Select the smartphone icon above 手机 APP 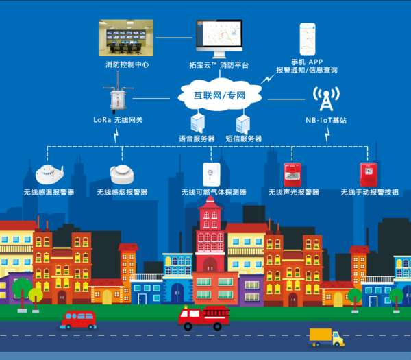point(306,39)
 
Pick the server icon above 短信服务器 point(242,123)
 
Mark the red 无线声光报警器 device point(292,173)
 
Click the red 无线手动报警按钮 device point(367,173)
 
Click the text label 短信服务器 point(243,139)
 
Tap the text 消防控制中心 point(127,65)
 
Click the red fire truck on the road point(203,317)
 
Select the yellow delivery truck point(326,336)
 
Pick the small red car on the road point(78,319)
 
